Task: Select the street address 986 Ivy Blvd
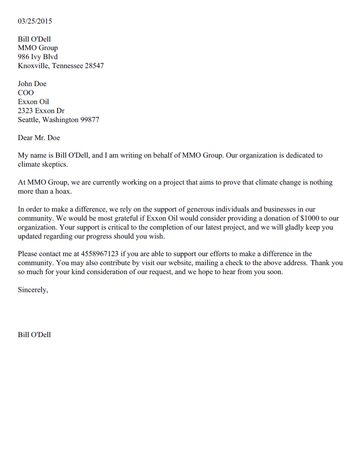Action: [42, 56]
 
